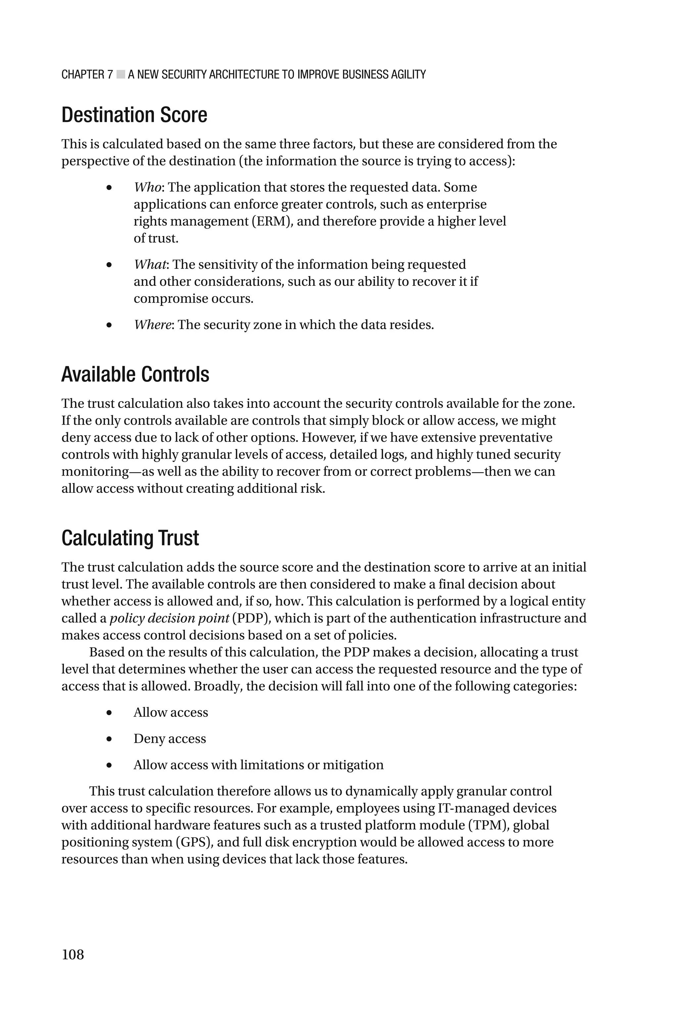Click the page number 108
pos(73,954)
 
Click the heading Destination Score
pos(134,115)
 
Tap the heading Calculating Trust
pos(130,538)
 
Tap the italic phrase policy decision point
pos(169,618)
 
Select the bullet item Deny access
pos(169,739)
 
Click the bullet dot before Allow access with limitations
pos(109,766)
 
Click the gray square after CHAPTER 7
pos(121,75)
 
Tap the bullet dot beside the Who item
pos(109,188)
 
